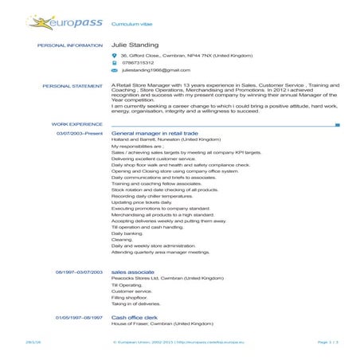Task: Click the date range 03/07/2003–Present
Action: (80, 133)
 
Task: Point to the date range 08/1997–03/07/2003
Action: (80, 272)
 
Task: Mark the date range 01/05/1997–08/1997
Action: (80, 318)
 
